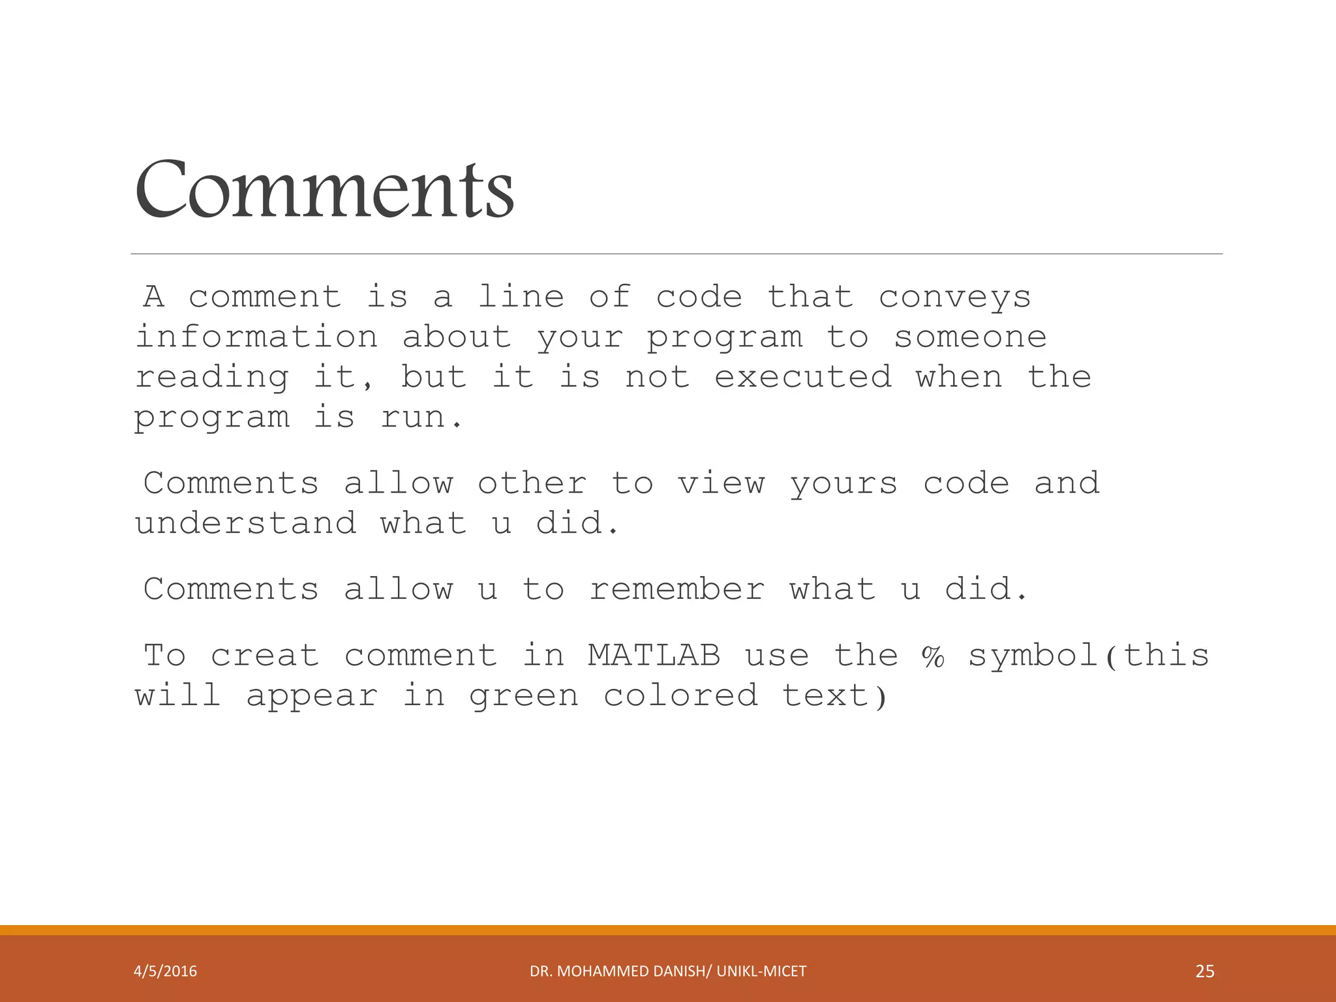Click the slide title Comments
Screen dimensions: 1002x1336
point(324,190)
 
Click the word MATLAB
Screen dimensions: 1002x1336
point(654,655)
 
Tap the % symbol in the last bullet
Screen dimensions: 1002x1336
point(933,656)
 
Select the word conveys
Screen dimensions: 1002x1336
point(954,298)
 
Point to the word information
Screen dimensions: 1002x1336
point(256,337)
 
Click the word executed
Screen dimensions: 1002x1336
point(803,377)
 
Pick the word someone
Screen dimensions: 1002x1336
point(970,337)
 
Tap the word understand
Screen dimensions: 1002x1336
point(246,523)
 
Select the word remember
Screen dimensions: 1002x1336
point(676,589)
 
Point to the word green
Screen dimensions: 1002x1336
point(524,696)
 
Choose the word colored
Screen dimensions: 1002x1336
point(680,695)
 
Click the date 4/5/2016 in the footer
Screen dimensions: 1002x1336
point(165,971)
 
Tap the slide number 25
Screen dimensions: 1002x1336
point(1205,971)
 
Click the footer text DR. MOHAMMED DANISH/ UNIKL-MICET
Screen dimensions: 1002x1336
point(668,971)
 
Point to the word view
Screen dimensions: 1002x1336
point(721,483)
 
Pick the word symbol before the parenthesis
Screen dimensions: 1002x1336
point(1033,656)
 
